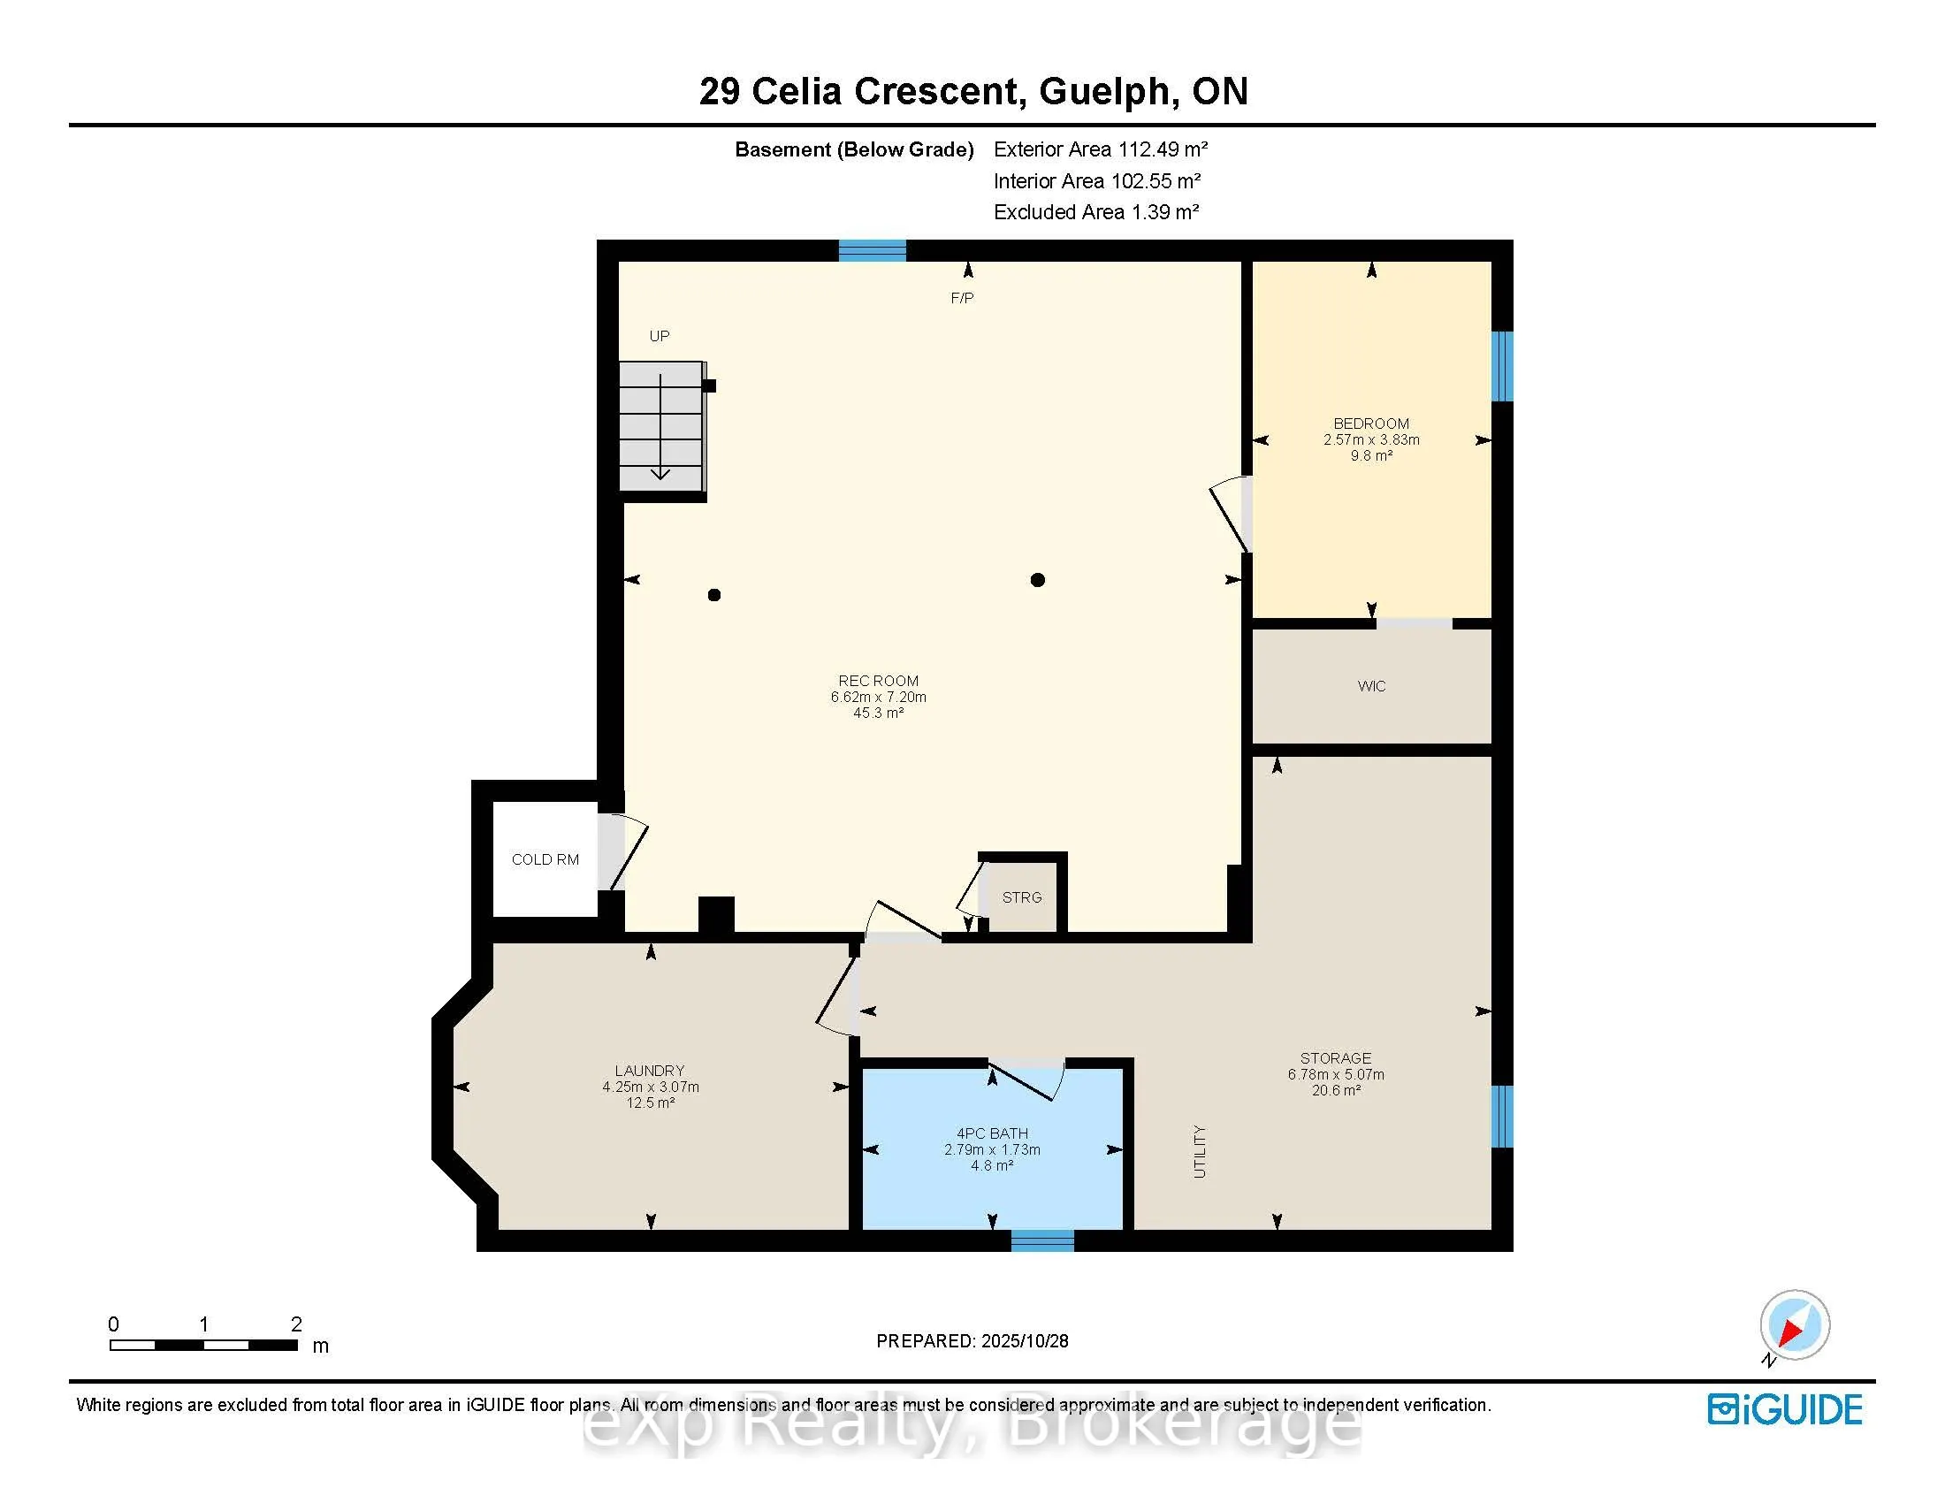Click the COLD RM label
(545, 859)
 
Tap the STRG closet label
(1021, 897)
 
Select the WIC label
(1371, 685)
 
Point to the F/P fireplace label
(962, 298)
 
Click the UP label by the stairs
(659, 336)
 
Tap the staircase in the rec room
(661, 425)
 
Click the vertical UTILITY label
(1200, 1151)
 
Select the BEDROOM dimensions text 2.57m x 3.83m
(1371, 440)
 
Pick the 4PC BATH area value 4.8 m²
(992, 1165)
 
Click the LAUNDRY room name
(649, 1071)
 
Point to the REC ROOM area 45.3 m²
(878, 713)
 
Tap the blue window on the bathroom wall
(1043, 1240)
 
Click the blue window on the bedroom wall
(1502, 366)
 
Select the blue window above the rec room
(872, 250)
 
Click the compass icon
(1794, 1325)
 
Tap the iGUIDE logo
(1785, 1409)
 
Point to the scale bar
(204, 1345)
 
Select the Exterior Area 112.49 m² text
(1100, 149)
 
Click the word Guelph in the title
(1104, 91)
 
